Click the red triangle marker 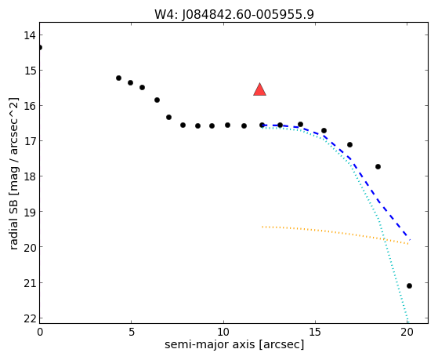(x=260, y=90)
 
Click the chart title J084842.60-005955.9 (x=248, y=15)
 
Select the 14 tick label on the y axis (x=30, y=35)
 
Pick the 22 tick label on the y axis (x=30, y=318)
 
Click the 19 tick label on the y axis (x=30, y=212)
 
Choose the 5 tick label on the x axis (x=131, y=332)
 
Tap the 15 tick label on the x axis (x=315, y=332)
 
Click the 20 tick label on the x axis (x=407, y=332)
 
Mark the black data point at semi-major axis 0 (x=40, y=47)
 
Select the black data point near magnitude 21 (x=409, y=285)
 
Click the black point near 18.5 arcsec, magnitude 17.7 (x=378, y=166)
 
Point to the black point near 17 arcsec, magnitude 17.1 (x=349, y=144)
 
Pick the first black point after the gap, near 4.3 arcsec (x=119, y=78)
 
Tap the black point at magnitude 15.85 (x=157, y=100)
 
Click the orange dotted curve (x=335, y=232)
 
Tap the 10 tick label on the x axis (x=223, y=332)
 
